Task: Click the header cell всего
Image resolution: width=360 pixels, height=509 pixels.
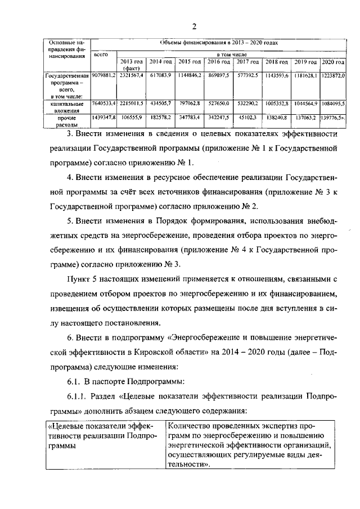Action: click(x=101, y=55)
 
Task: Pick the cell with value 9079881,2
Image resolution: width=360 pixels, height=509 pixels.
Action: click(x=103, y=75)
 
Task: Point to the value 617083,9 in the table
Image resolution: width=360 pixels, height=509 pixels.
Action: click(x=160, y=75)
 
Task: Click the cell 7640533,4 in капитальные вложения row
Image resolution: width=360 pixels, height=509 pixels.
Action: click(x=103, y=103)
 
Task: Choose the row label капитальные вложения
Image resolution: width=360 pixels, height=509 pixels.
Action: click(x=67, y=107)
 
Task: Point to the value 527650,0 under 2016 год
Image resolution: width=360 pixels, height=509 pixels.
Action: click(x=218, y=103)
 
